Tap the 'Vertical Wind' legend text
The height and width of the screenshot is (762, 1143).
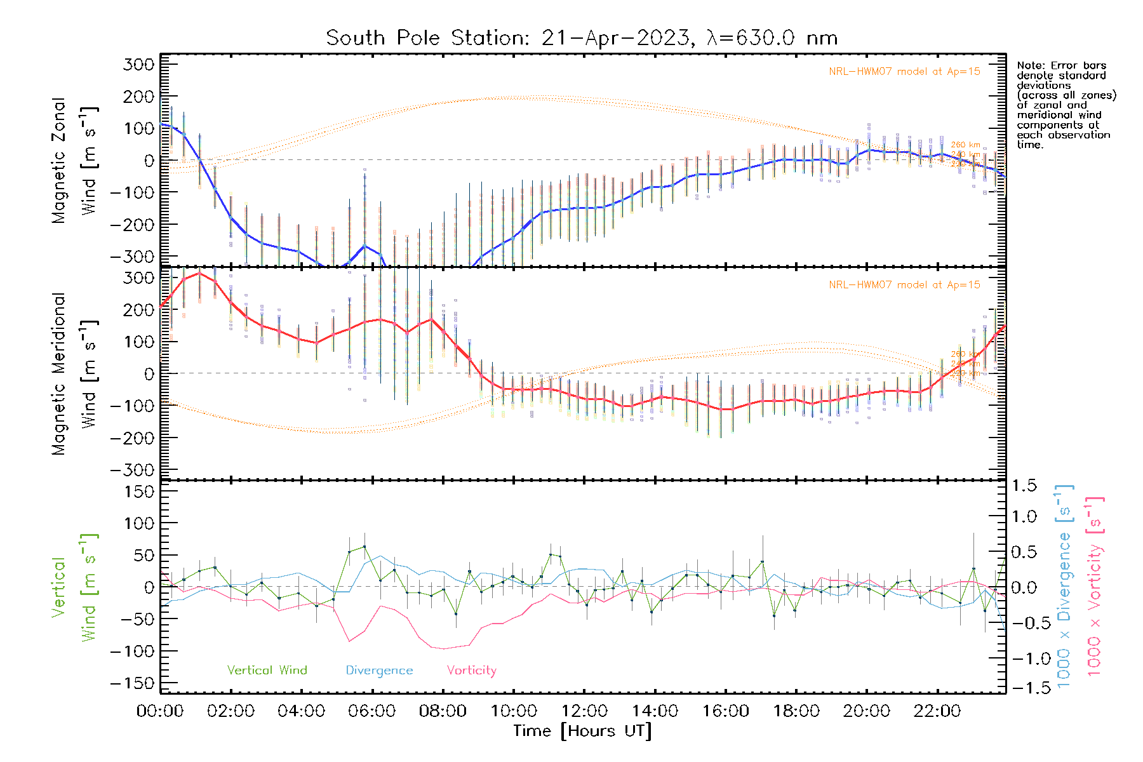coord(267,670)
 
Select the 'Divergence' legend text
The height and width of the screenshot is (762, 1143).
coord(379,670)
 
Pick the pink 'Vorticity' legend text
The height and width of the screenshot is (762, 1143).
coord(471,670)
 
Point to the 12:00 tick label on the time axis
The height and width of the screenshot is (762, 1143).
coord(584,711)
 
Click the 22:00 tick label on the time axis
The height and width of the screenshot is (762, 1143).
coord(937,711)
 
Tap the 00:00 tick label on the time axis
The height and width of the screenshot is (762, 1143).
coord(160,711)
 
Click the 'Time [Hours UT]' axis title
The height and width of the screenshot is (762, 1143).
coord(582,731)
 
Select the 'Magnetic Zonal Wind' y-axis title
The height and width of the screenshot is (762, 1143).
coord(74,160)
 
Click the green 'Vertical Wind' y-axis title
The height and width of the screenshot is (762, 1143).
coord(74,587)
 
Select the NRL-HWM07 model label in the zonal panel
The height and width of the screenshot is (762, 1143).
coord(904,71)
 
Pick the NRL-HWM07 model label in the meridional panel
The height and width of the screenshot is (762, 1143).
coord(904,284)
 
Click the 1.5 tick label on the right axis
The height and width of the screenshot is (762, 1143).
coord(1024,486)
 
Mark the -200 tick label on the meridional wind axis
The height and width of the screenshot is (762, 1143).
coord(132,438)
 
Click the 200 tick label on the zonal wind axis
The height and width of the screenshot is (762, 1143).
coord(139,97)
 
